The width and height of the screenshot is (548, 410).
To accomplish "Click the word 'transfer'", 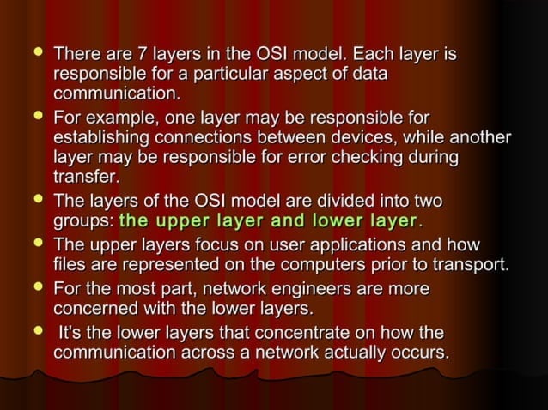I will [83, 177].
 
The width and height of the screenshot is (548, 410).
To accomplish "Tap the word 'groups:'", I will [83, 220].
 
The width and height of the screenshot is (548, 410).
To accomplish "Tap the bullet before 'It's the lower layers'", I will [35, 330].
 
